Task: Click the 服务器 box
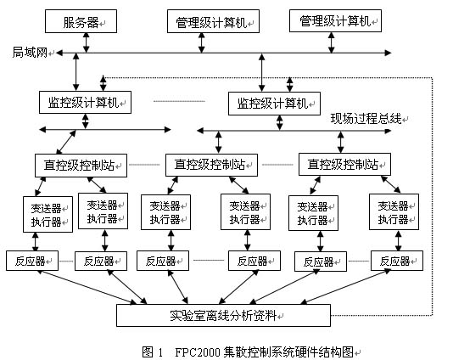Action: point(81,21)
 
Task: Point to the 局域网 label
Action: point(30,53)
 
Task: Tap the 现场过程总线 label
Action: point(366,119)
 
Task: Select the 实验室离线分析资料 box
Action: point(223,316)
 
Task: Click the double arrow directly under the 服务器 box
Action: point(86,42)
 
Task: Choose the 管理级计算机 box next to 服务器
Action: point(213,21)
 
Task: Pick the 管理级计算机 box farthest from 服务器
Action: point(335,21)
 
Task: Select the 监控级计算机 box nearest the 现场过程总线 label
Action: point(274,104)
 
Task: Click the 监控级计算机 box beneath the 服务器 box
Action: point(85,103)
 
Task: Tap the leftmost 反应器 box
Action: point(32,262)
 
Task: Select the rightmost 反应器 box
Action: point(397,262)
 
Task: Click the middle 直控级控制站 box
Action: point(211,165)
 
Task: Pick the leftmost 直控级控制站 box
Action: point(81,166)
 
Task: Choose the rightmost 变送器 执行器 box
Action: point(394,212)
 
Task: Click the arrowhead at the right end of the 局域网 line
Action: point(388,53)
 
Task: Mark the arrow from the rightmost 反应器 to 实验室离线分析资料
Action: point(345,286)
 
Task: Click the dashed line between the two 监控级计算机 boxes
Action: point(179,101)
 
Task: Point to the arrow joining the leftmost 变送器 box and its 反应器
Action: point(36,242)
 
